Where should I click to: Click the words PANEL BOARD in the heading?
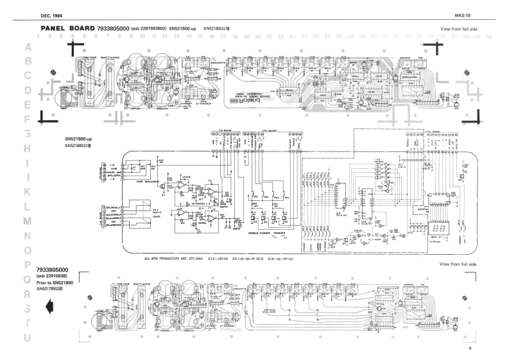coord(67,29)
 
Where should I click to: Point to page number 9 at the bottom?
coord(469,348)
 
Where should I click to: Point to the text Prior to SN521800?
coord(57,282)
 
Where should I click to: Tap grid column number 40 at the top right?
coord(489,37)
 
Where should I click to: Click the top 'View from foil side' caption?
coord(459,30)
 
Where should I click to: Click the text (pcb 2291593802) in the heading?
coord(149,29)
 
